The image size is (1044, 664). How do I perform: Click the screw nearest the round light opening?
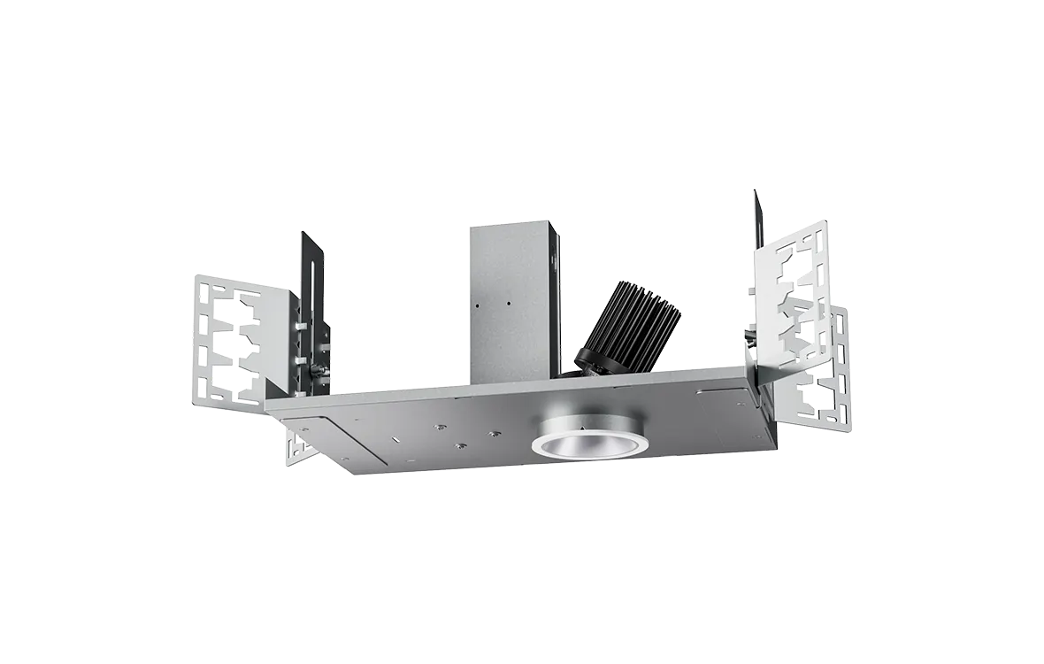495,435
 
